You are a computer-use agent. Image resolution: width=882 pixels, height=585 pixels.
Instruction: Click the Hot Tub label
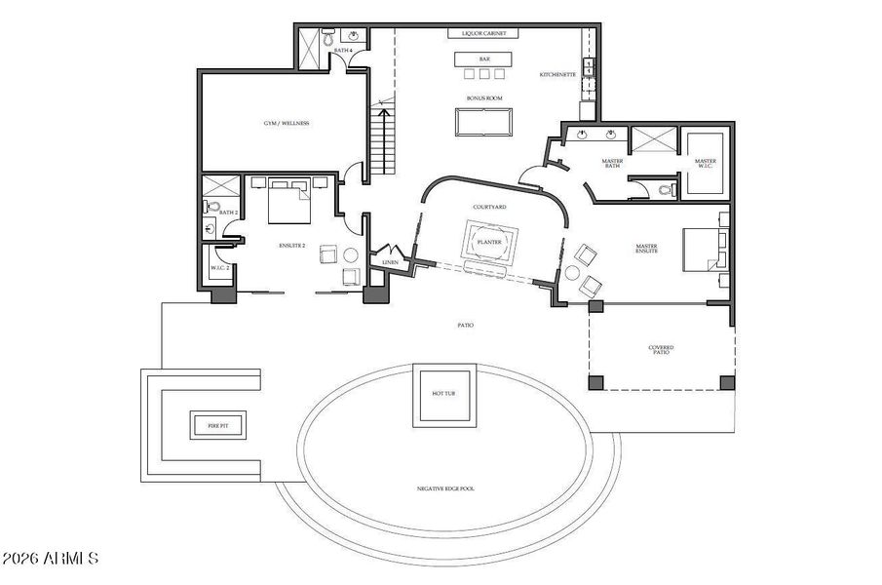coord(444,393)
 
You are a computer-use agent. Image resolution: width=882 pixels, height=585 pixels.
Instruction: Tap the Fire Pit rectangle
coord(217,425)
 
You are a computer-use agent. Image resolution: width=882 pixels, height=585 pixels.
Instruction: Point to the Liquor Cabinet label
coord(483,33)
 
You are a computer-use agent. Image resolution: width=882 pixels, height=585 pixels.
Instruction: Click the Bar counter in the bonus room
coord(483,58)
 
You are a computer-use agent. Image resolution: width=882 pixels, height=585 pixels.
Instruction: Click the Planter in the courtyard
coord(488,242)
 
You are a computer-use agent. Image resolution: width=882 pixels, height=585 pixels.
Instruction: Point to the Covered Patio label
coord(662,349)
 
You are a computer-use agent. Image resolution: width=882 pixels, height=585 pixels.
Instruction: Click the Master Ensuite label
coord(647,250)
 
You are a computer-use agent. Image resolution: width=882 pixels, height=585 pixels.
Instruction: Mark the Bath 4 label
coord(342,49)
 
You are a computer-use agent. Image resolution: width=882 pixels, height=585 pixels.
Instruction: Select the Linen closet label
coord(391,262)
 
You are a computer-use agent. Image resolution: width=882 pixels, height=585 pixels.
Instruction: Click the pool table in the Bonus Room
coord(483,121)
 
